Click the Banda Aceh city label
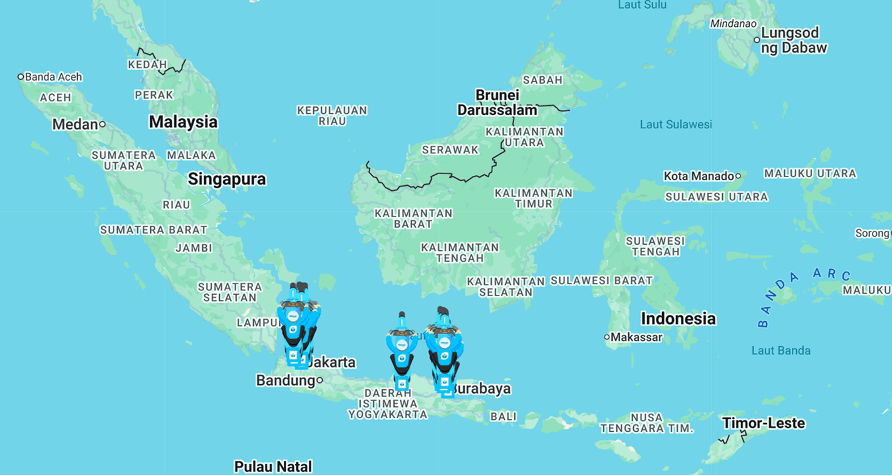tap(53, 77)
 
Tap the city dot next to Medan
tap(102, 125)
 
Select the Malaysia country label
tap(183, 122)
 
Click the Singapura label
tap(227, 180)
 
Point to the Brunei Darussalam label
tap(497, 103)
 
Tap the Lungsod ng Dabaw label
tap(794, 40)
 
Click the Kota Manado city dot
tap(738, 176)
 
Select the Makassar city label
tap(636, 337)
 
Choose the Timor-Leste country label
tap(764, 423)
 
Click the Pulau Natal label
tap(272, 466)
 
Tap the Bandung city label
tap(285, 381)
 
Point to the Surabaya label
tap(481, 389)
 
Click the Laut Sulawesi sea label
tap(675, 125)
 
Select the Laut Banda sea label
tap(780, 350)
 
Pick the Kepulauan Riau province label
tap(332, 116)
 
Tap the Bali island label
tap(504, 416)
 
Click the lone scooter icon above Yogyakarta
tap(402, 350)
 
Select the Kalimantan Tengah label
tap(460, 253)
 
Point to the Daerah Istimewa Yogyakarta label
tap(388, 404)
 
